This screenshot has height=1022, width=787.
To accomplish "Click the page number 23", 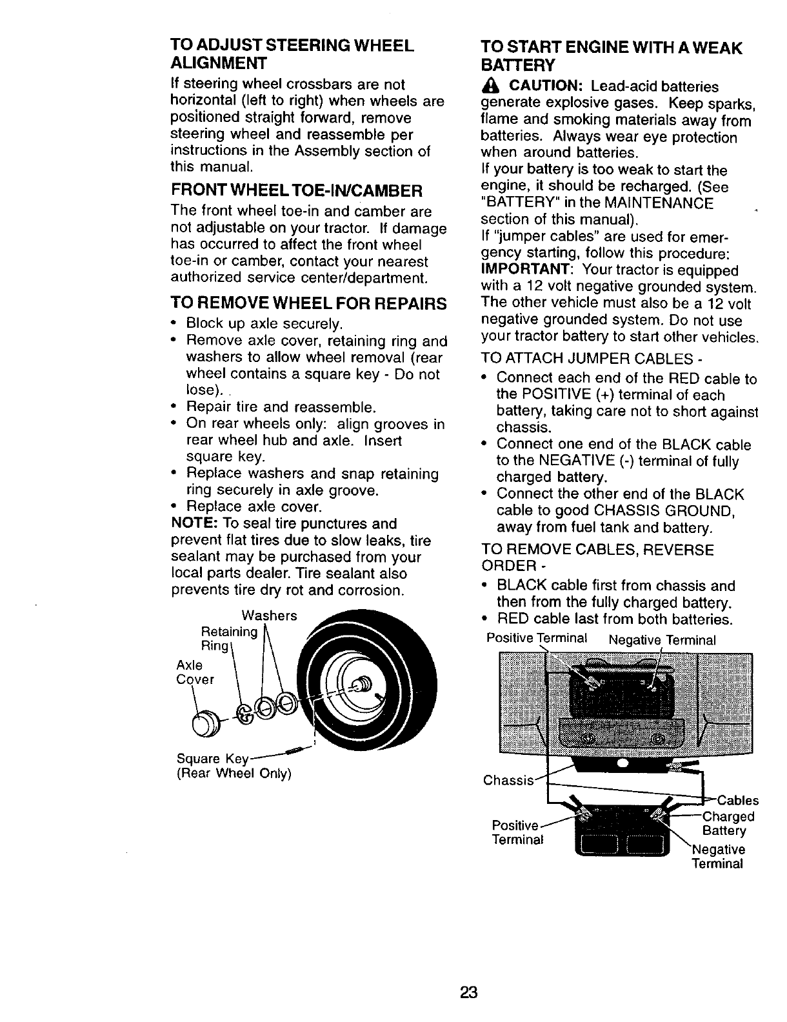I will [468, 992].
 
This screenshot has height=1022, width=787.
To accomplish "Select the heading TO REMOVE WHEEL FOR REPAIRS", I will [308, 303].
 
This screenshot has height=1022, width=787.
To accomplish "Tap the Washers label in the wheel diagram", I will [269, 616].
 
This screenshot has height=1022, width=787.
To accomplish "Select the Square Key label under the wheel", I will [204, 758].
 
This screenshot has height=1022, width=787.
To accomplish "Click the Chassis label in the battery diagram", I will [507, 781].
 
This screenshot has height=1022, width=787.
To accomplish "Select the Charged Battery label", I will [728, 824].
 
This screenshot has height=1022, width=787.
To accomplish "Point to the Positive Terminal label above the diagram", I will [537, 638].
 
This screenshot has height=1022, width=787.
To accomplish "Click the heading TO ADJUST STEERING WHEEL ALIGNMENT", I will [291, 54].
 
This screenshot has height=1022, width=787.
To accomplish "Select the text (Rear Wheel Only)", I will [234, 774].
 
